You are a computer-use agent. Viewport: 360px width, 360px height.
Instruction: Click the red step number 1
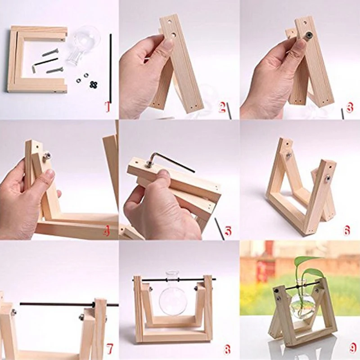click(108, 107)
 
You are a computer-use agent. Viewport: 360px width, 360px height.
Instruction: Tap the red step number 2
click(222, 107)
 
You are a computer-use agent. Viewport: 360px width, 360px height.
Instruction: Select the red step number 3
click(349, 107)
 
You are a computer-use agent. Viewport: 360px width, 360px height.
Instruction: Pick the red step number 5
click(227, 231)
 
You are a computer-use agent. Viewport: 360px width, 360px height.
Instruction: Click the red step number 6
click(347, 230)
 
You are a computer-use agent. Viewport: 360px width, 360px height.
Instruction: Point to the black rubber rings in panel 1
click(93, 85)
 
